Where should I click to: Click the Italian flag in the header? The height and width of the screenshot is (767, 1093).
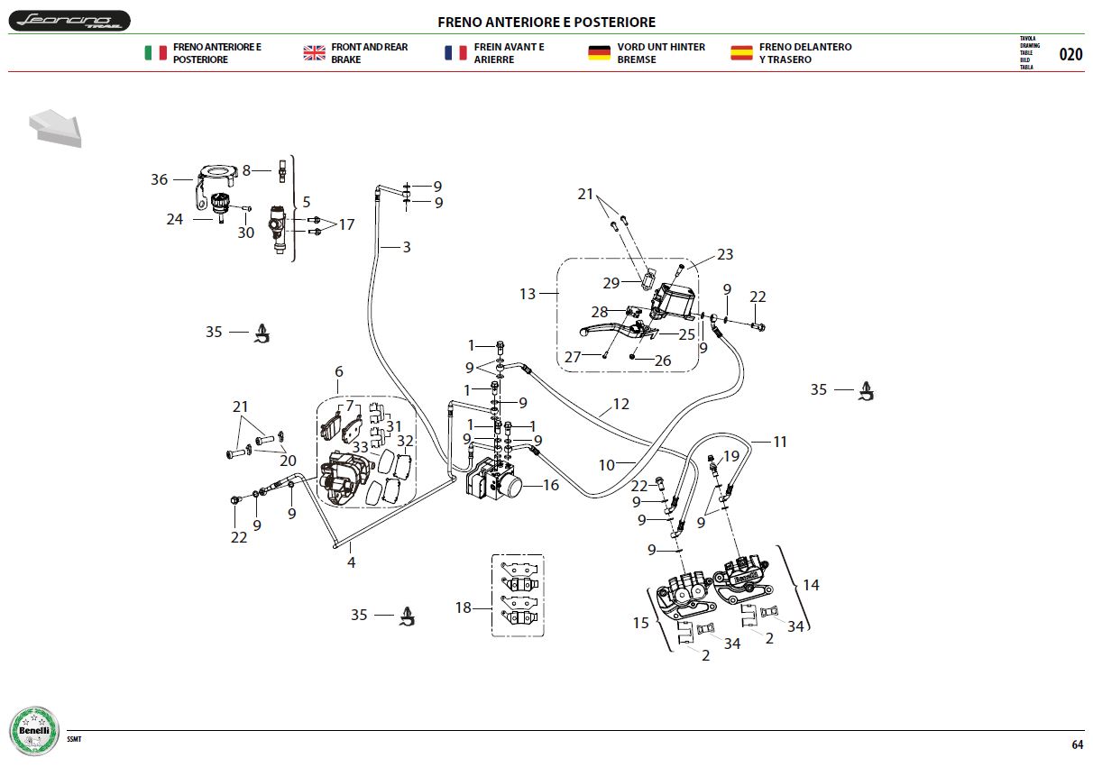click(156, 52)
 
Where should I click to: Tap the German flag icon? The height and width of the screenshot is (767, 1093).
click(599, 52)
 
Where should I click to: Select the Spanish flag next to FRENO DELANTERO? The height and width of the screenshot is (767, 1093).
click(741, 52)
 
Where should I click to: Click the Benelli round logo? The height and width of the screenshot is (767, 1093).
click(34, 731)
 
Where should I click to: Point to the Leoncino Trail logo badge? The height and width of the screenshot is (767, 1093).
click(69, 21)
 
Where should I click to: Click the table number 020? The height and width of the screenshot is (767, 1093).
click(1070, 54)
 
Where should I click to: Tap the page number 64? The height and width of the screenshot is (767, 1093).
click(1077, 744)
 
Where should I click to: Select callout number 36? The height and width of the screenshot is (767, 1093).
click(159, 179)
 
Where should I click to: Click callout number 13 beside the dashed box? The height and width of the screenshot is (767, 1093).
click(527, 294)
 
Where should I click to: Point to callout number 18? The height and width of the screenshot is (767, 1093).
click(463, 607)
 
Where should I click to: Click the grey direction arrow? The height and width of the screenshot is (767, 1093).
click(56, 127)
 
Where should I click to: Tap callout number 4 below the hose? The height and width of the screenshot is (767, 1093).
click(352, 562)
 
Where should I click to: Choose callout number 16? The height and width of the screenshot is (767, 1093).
click(551, 485)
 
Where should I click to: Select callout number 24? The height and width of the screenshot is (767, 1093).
click(175, 219)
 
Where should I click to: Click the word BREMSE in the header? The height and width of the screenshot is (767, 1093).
click(637, 59)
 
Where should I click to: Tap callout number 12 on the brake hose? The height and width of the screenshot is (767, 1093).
click(620, 404)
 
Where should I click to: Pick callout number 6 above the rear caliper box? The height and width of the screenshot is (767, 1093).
click(339, 371)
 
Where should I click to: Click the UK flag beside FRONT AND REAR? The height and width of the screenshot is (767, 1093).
click(314, 52)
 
